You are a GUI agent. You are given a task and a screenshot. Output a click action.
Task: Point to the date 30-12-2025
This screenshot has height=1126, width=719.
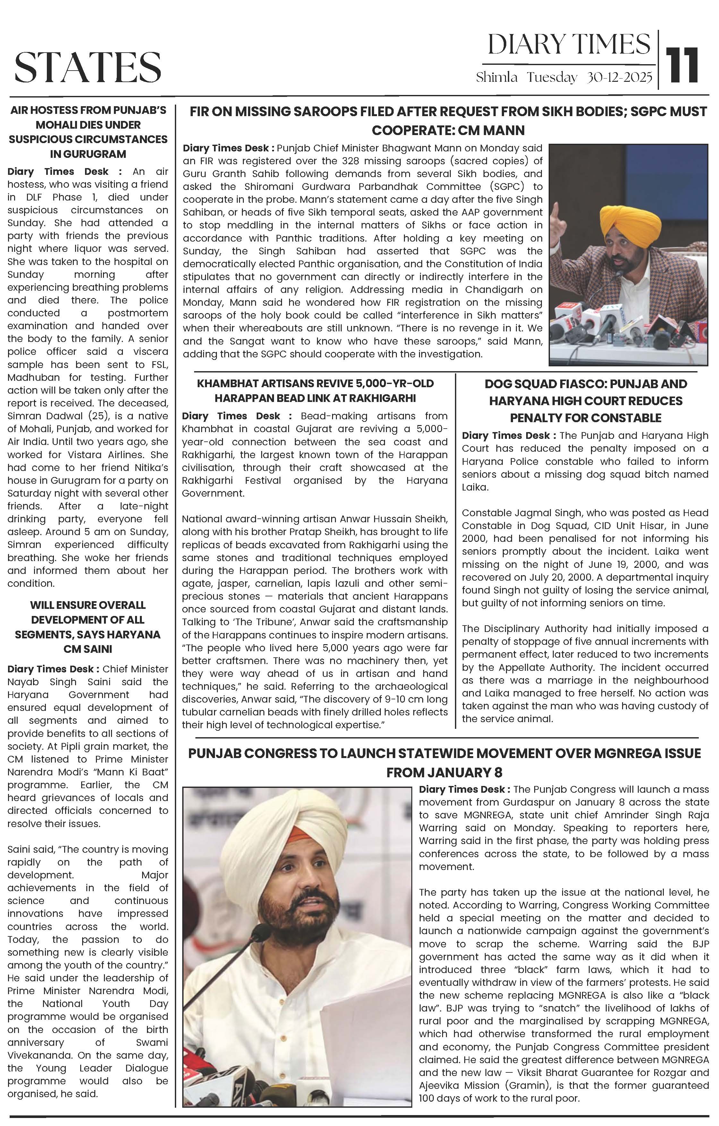pyautogui.click(x=619, y=78)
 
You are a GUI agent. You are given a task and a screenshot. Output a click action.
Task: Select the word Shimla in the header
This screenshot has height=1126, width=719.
pyautogui.click(x=496, y=78)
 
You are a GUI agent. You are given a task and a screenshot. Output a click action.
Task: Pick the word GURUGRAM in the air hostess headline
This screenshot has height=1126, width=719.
pyautogui.click(x=88, y=154)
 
